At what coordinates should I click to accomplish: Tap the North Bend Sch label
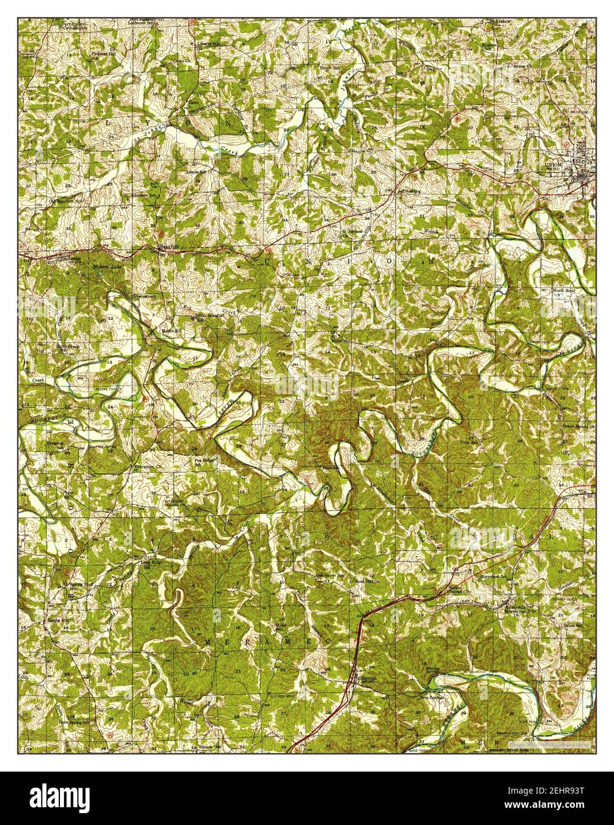564,292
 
